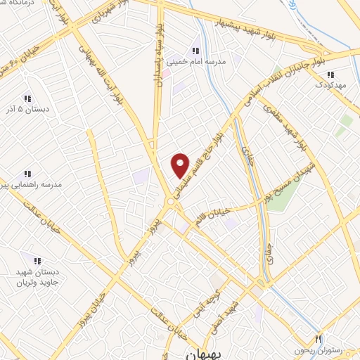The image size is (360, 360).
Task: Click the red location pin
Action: click(x=181, y=165)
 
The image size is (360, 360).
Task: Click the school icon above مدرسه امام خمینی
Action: click(x=195, y=51)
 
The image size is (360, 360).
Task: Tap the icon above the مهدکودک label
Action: click(x=330, y=74)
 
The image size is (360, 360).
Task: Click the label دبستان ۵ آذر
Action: click(x=27, y=110)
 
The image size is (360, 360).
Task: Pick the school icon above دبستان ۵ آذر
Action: click(x=27, y=98)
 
